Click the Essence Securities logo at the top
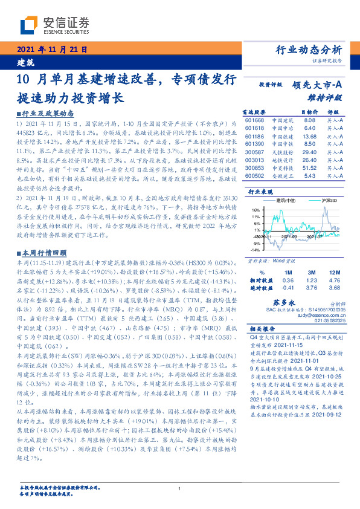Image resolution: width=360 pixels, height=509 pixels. coord(54,25)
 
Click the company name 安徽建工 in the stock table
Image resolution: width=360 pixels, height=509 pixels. coord(282,176)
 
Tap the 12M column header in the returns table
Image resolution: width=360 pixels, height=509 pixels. coord(336,273)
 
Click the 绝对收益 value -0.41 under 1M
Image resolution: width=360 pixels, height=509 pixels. coord(288,288)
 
